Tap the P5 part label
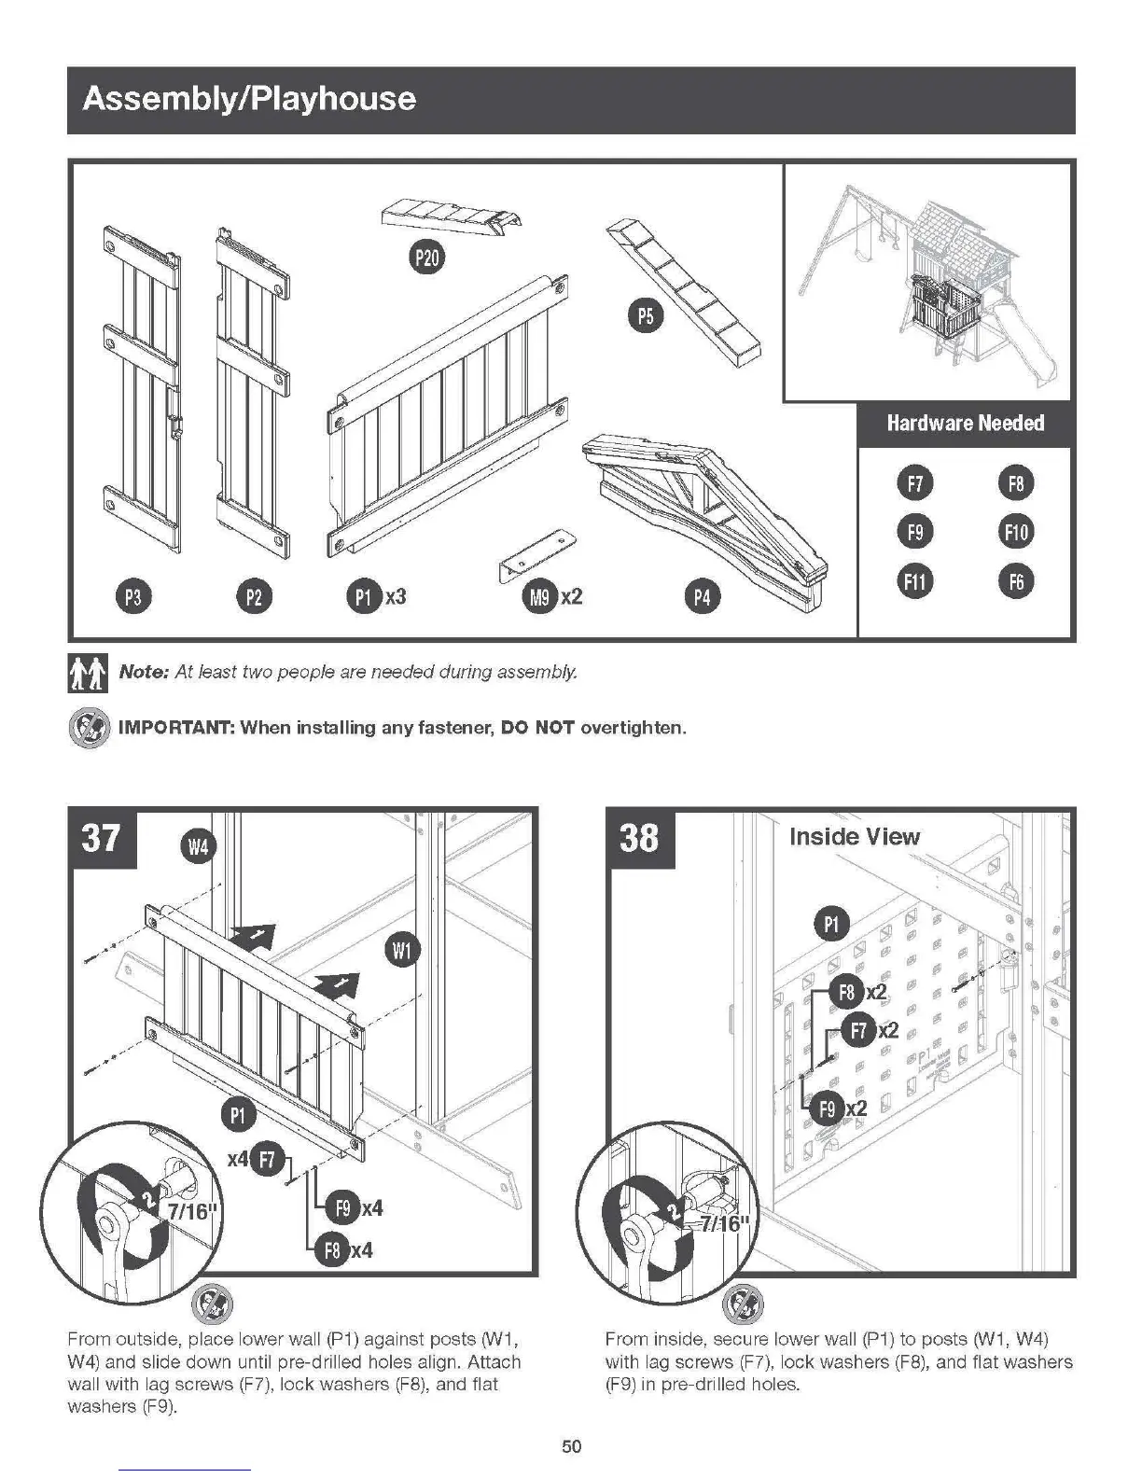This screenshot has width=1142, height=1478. (x=645, y=317)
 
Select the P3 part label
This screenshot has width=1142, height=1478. (x=132, y=596)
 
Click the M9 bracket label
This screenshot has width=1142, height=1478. (x=539, y=596)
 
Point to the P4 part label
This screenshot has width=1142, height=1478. (x=702, y=596)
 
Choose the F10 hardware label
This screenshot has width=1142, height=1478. (x=1015, y=532)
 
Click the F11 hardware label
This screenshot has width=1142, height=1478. (x=915, y=581)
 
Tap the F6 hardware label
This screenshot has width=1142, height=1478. (x=1015, y=581)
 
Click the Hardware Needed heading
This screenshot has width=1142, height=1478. (x=965, y=424)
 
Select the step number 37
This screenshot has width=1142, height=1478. (x=102, y=837)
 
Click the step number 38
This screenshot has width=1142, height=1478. (x=639, y=837)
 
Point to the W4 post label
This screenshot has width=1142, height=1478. (x=198, y=847)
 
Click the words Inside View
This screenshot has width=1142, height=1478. (x=854, y=836)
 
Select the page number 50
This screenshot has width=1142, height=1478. (x=571, y=1446)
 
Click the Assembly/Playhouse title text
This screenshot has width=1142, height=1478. (x=249, y=99)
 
